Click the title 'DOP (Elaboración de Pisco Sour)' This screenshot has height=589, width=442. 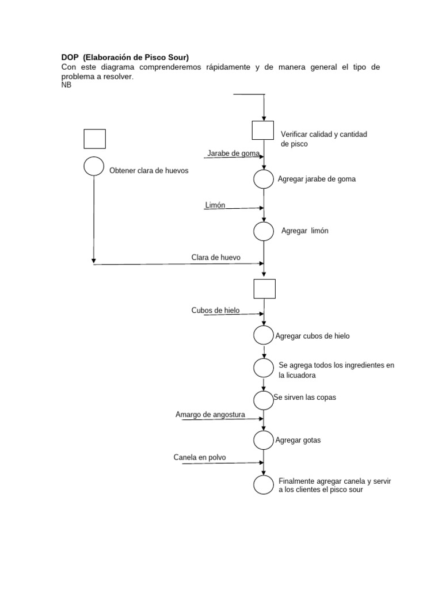125,58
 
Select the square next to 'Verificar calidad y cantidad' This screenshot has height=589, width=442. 263,130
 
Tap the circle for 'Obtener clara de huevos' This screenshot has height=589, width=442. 94,166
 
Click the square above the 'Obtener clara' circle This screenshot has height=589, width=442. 94,139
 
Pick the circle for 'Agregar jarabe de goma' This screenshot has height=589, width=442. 264,179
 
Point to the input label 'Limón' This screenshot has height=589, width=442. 215,205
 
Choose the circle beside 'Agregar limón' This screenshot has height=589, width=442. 264,231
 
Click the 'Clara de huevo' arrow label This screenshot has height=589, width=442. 216,258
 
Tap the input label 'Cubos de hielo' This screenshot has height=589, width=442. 215,311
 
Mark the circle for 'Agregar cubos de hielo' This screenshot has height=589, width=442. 264,335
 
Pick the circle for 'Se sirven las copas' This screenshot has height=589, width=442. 264,399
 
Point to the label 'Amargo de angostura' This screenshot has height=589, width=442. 210,415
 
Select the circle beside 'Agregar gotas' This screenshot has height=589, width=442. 264,440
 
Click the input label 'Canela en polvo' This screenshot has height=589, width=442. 200,458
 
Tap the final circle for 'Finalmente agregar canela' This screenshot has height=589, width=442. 264,484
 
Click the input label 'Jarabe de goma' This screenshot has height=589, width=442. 233,154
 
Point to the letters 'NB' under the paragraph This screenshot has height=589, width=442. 66,85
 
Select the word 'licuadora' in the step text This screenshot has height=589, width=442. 302,375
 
